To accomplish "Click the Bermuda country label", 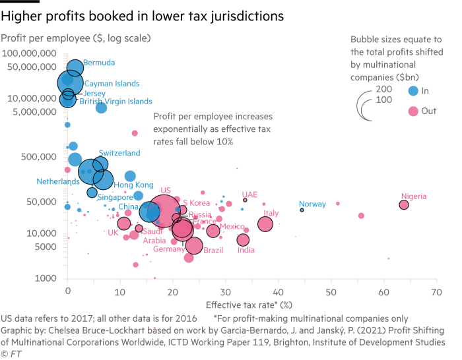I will (x=99, y=63).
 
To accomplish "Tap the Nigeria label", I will (x=414, y=196).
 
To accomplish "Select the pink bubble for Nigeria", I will (x=404, y=205).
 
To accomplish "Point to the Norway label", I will (x=312, y=204).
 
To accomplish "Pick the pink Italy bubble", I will (x=265, y=224).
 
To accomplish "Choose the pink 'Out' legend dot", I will (x=413, y=111).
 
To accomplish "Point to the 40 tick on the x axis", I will (x=278, y=292).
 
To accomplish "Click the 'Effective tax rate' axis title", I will (x=240, y=305).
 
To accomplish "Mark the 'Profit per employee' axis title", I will (x=76, y=38).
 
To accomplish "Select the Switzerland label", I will (x=119, y=153).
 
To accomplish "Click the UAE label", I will (x=249, y=195).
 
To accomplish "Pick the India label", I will (x=246, y=251).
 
